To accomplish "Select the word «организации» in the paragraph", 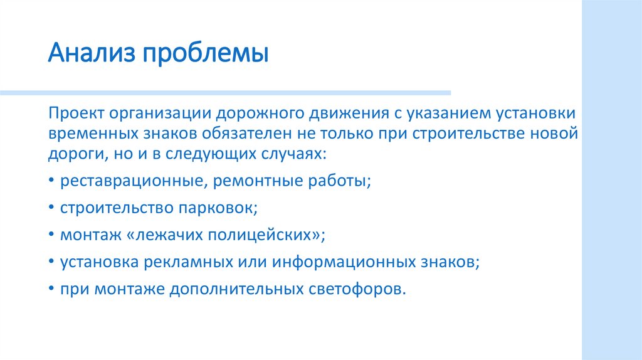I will (x=160, y=115).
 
